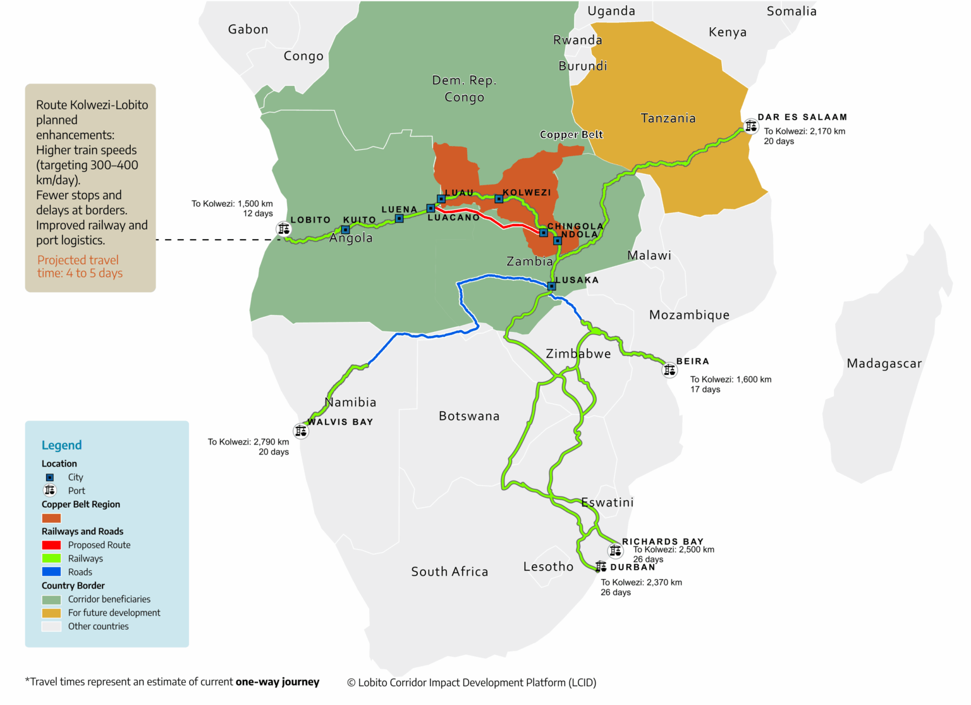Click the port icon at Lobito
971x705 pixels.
point(284,229)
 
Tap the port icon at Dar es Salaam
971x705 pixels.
point(750,126)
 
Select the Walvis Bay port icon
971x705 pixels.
point(301,431)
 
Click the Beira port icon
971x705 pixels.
point(669,370)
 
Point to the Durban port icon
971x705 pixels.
point(601,567)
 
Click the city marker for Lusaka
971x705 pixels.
point(551,286)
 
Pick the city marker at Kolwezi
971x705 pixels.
point(499,199)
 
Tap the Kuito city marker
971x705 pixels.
point(345,230)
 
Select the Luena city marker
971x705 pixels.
point(399,219)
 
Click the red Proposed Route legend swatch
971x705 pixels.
point(51,545)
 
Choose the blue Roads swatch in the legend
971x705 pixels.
point(51,572)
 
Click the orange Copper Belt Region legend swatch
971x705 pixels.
point(51,518)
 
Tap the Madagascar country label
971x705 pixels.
point(884,364)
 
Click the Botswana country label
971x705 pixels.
point(469,416)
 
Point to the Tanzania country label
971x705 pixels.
point(668,118)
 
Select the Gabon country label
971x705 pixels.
point(248,30)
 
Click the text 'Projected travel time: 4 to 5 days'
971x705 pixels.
point(80,267)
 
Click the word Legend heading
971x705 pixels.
point(61,445)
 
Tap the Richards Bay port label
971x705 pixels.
point(663,541)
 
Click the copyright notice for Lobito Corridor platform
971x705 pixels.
point(472,682)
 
